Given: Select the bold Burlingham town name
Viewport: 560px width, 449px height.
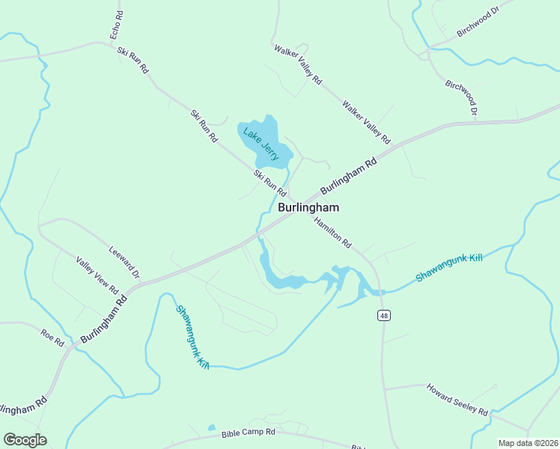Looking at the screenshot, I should point(308,208).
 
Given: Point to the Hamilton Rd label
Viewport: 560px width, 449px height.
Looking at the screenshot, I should point(333,232).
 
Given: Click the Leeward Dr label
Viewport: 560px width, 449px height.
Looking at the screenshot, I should point(124,263).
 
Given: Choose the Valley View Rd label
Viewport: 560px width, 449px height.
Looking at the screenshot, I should point(97,275).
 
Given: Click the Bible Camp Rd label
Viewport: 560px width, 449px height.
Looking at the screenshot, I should point(249,433).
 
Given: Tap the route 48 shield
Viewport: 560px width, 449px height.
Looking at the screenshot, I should point(383,316).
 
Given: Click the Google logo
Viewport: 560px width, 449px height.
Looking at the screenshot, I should point(25,440).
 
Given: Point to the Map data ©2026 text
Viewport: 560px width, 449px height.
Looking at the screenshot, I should point(528,443).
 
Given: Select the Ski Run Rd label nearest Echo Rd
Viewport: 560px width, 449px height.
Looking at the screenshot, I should point(133,61).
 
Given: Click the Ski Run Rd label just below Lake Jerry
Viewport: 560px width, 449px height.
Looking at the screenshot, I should point(270,184).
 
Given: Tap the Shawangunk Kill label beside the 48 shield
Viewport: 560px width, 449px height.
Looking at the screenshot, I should point(450,268).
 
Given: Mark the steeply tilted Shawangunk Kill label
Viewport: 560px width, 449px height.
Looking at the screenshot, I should point(192,337).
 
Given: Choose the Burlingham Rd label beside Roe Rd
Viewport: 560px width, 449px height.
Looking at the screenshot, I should point(103,319).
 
